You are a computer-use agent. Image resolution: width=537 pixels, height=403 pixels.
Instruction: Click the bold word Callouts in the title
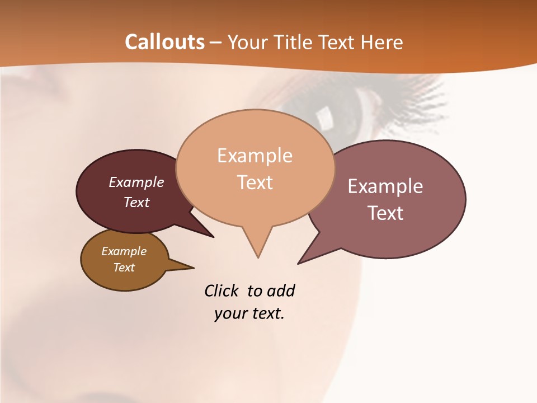164,42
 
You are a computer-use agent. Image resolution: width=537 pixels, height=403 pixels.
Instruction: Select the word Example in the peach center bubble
255,156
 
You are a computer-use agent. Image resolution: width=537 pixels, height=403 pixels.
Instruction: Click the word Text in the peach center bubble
255,182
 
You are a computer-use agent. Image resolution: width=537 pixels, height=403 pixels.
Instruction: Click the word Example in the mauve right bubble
385,186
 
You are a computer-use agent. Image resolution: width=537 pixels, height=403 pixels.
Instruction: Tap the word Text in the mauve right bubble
385,213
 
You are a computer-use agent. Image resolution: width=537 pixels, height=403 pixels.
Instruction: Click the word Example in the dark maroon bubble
136,182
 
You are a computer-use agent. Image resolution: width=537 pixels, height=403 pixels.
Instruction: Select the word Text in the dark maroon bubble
136,202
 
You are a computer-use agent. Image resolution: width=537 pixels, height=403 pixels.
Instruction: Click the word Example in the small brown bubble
124,251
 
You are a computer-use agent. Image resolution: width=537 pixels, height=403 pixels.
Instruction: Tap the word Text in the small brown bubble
124,268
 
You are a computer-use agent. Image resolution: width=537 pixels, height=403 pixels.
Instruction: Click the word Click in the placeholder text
221,290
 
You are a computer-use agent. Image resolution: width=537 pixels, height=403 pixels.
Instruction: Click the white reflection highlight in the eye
324,117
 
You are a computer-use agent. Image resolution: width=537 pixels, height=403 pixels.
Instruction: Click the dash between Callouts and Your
216,43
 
